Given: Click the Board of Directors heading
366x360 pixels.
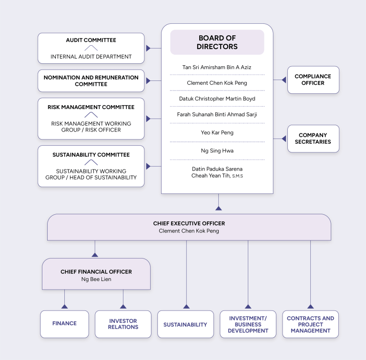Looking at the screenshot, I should click(217, 42).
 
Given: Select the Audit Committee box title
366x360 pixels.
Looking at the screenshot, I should click(91, 40).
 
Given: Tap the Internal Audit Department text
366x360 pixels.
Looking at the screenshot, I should click(91, 57).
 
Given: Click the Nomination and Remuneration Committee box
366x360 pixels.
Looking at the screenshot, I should click(91, 81).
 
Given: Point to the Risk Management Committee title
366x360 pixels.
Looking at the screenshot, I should click(91, 107).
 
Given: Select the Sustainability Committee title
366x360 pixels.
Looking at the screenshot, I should click(91, 155).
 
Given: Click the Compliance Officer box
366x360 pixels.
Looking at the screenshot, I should click(313, 80).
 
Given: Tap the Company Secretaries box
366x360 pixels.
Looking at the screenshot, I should click(313, 139).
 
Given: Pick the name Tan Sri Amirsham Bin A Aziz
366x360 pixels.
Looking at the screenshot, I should click(217, 68).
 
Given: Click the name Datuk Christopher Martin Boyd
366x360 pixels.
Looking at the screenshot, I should click(217, 99).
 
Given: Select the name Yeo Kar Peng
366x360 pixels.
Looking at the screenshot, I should click(217, 133).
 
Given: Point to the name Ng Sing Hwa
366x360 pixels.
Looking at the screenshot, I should click(217, 151).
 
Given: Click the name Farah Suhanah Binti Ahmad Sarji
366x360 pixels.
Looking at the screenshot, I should click(217, 115).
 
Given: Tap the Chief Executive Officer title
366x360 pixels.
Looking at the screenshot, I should click(189, 223).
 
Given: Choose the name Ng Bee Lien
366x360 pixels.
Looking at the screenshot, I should click(96, 279).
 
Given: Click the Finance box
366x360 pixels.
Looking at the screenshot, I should click(64, 324).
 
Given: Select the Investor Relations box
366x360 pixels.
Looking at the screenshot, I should click(123, 324).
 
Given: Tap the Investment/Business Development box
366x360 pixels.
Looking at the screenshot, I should click(248, 324).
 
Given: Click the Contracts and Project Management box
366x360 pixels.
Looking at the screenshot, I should click(310, 324).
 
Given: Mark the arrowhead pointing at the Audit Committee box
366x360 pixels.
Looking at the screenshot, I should click(148, 48).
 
